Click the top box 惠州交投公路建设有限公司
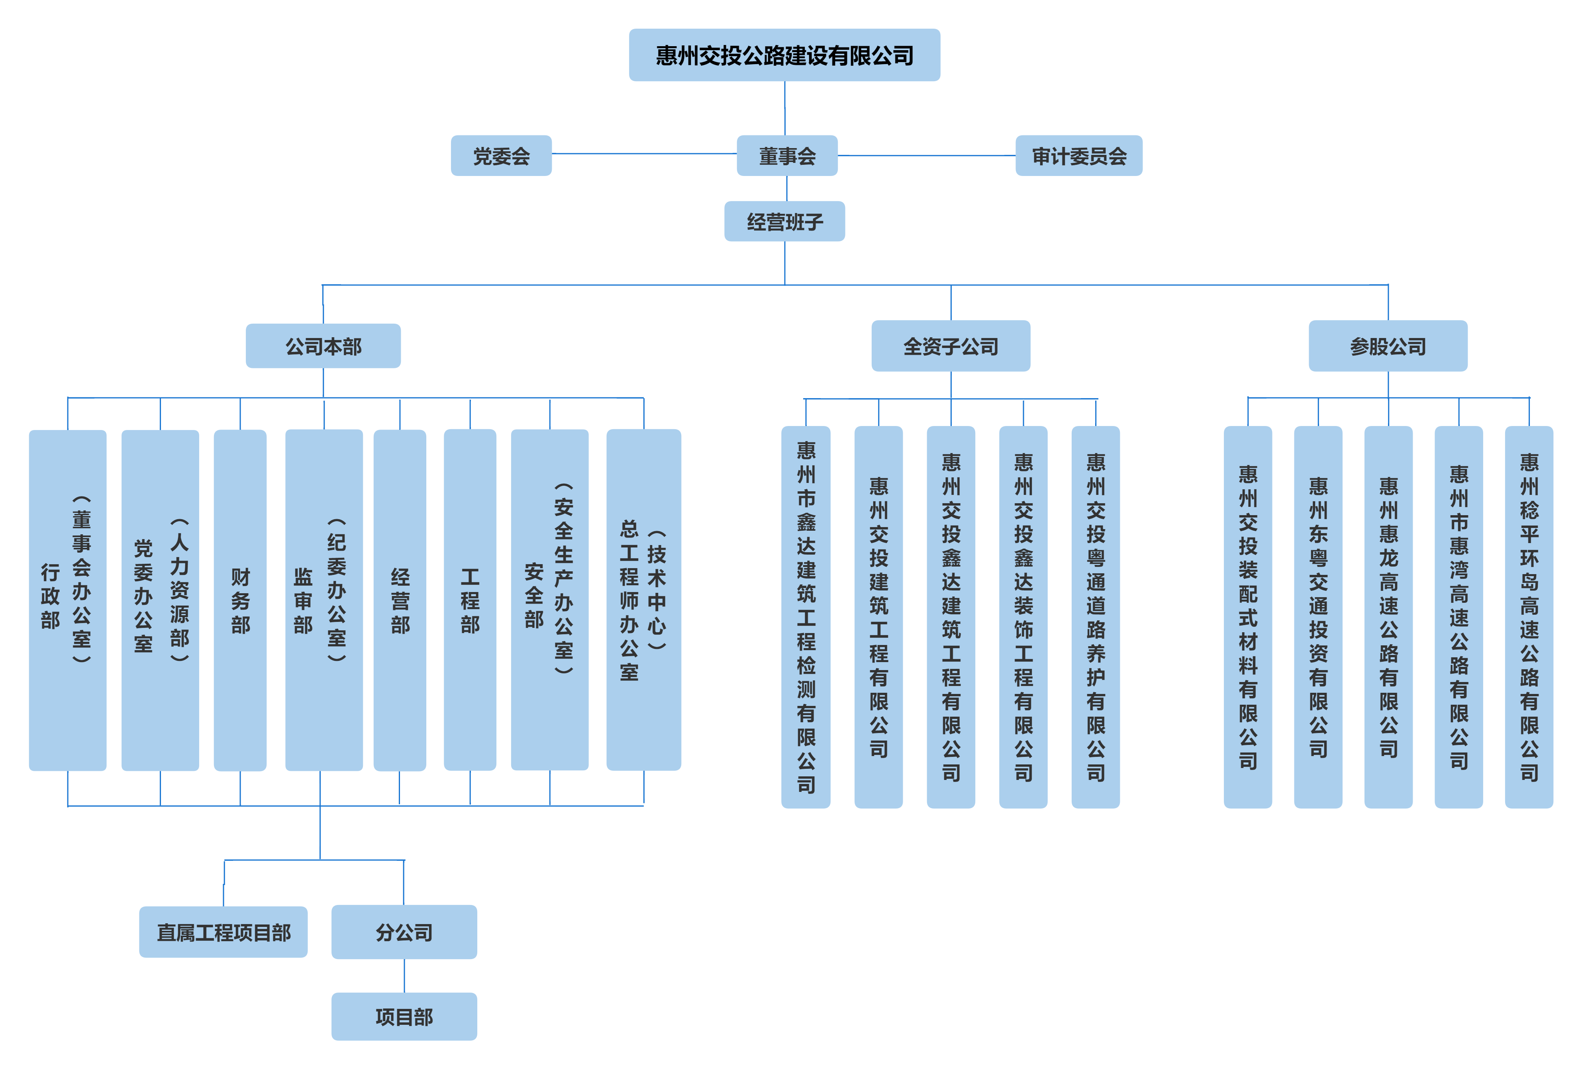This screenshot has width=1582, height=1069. tap(784, 55)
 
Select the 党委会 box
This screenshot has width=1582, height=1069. tap(501, 156)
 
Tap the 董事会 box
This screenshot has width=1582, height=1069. tap(787, 156)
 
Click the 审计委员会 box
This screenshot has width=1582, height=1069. tap(1078, 156)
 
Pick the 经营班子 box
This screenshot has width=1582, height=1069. tap(784, 221)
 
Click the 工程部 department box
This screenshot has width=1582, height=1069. tap(470, 600)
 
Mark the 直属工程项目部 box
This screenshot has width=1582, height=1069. tap(223, 932)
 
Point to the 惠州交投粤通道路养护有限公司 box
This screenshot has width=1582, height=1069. tap(1095, 616)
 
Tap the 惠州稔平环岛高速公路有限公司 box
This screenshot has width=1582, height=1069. tap(1529, 616)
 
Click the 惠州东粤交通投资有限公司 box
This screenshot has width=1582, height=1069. tap(1318, 616)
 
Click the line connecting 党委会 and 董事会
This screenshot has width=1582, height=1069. tap(643, 154)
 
